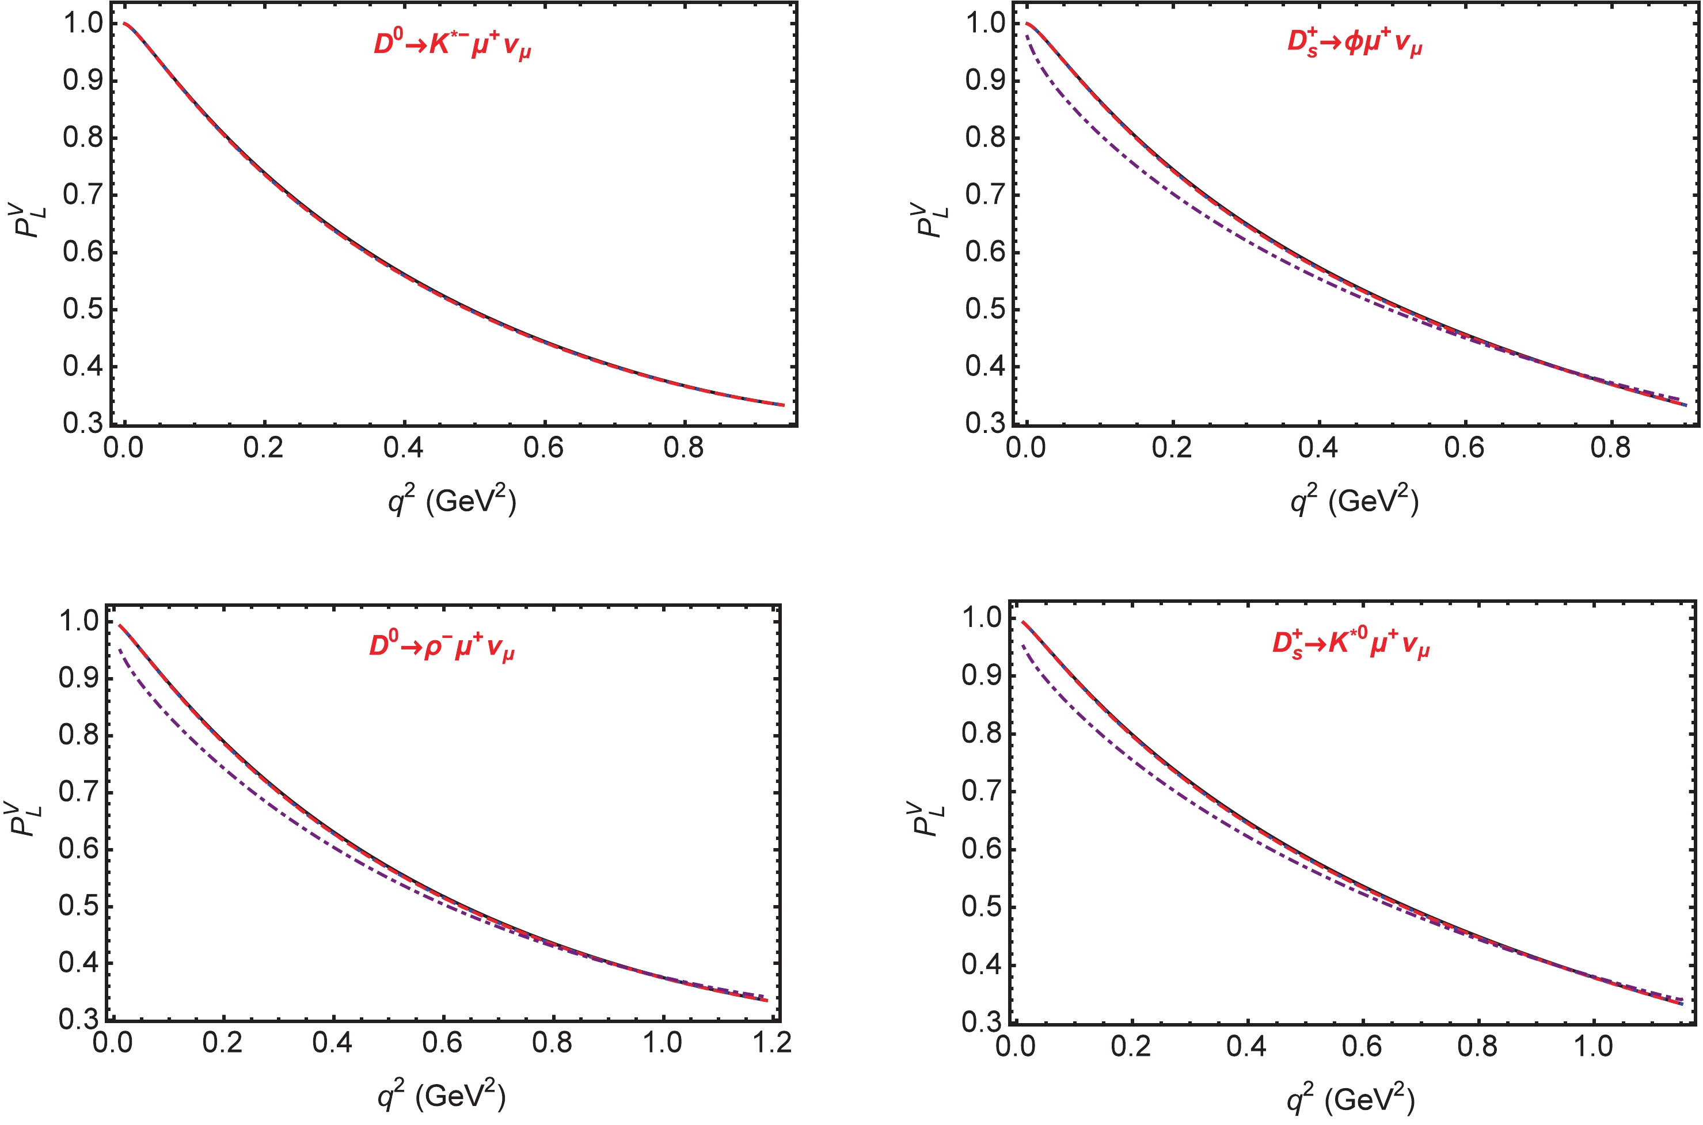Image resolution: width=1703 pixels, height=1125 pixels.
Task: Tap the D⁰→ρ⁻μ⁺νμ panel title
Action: [x=441, y=647]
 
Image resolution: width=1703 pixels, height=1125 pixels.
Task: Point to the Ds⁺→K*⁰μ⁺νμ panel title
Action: [x=1350, y=644]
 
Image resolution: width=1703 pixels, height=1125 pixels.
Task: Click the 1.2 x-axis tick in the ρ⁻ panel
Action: [x=773, y=1042]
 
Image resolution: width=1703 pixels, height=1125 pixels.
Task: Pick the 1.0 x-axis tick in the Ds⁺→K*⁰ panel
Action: [x=1592, y=1046]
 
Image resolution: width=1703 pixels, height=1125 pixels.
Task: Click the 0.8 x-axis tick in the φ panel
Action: [x=1610, y=448]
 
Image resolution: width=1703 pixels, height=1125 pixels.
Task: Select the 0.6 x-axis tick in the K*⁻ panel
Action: [x=543, y=448]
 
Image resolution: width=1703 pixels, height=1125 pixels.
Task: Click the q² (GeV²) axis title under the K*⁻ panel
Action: [x=452, y=500]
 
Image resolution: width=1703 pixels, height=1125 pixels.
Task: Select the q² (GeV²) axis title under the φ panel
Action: [x=1354, y=500]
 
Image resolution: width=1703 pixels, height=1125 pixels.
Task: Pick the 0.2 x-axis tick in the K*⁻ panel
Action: [x=263, y=448]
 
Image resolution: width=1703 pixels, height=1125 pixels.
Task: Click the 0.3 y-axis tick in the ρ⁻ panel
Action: [x=78, y=1020]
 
